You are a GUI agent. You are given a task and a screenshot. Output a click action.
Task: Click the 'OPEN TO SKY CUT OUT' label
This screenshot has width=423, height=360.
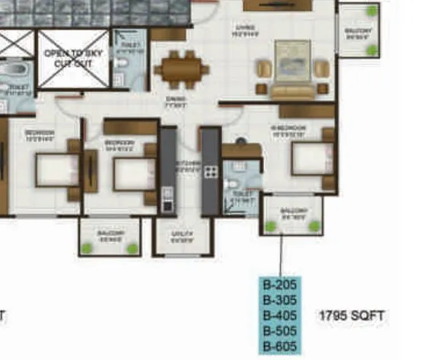click(x=73, y=59)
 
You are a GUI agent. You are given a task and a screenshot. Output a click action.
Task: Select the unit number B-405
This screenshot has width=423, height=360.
click(x=279, y=315)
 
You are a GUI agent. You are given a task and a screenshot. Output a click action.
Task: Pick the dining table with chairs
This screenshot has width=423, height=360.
click(x=182, y=69)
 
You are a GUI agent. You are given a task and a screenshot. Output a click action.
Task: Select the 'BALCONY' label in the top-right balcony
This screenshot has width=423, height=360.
click(x=359, y=32)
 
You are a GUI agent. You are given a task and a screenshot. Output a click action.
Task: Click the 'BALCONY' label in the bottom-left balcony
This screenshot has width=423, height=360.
click(x=110, y=234)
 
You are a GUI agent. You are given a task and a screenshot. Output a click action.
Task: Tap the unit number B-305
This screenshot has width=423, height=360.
click(x=279, y=301)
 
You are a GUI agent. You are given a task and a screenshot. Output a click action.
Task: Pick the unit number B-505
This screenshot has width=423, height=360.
click(x=279, y=330)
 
